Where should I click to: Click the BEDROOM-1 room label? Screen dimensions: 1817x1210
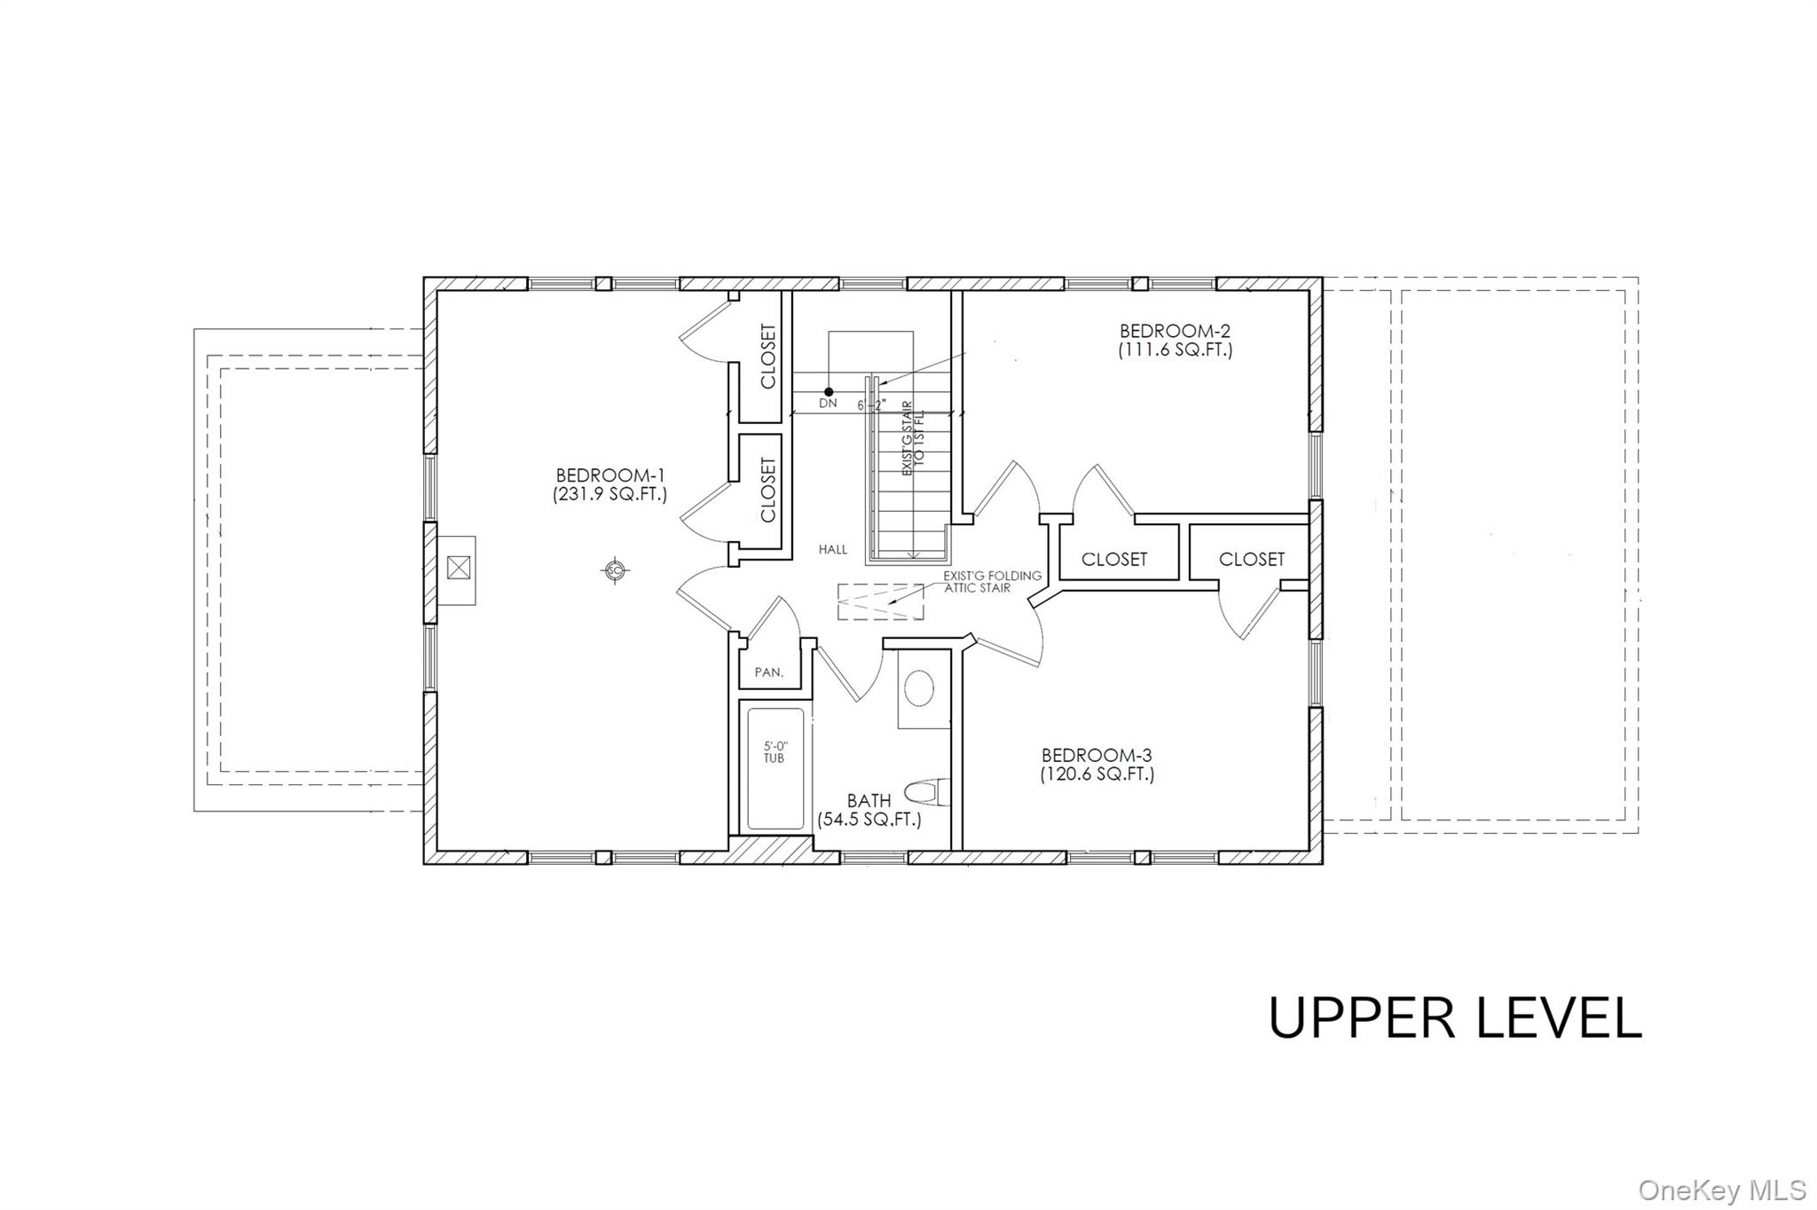[x=610, y=475]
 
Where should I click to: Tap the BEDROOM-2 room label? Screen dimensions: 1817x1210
[x=1176, y=331]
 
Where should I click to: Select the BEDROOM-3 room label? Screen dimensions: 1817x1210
[x=1097, y=755]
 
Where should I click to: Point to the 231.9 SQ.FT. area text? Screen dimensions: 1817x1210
[x=610, y=495]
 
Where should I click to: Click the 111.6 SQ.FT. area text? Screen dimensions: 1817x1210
[x=1176, y=350]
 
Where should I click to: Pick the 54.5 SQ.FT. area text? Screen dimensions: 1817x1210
[x=869, y=820]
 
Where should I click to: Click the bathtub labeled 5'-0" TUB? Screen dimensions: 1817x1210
[x=775, y=768]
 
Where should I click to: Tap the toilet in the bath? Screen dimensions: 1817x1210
[x=927, y=790]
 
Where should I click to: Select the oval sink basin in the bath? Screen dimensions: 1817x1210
[x=919, y=688]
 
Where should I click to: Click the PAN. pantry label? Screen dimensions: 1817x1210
[x=769, y=672]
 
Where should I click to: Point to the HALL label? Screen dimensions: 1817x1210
[x=833, y=550]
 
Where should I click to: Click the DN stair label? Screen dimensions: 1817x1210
[x=828, y=404]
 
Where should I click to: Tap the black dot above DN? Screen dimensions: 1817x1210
[x=829, y=391]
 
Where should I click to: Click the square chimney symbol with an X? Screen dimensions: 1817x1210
[x=458, y=568]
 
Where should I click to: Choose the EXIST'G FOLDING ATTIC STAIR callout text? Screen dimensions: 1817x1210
[x=992, y=582]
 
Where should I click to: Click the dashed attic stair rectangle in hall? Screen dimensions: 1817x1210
[x=881, y=603]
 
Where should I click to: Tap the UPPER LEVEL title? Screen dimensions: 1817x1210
[x=1455, y=1017]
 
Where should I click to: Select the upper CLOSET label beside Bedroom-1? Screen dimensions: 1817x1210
[x=768, y=356]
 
